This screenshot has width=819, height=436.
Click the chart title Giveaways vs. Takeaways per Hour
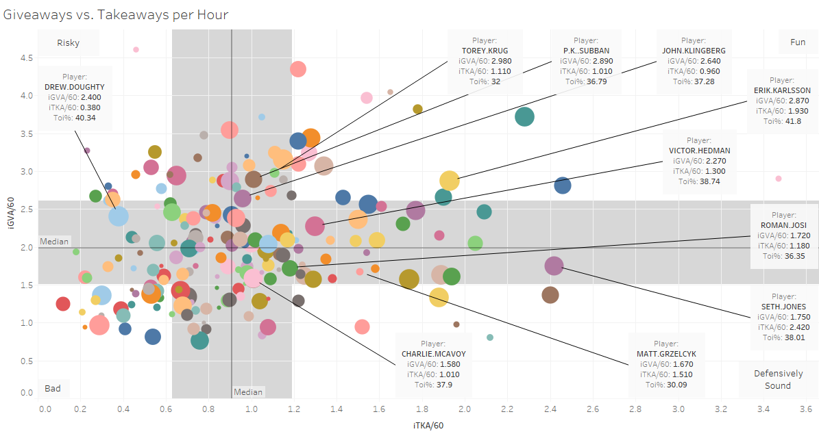pos(116,14)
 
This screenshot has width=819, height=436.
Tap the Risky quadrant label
pos(68,42)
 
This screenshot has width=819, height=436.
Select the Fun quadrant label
pos(798,42)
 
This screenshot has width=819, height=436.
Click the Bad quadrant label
pos(53,389)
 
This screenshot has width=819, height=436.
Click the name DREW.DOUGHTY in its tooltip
pos(74,87)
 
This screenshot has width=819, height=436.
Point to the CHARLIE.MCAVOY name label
pos(430,354)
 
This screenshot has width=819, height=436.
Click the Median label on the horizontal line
pos(54,242)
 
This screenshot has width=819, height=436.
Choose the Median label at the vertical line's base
pos(248,392)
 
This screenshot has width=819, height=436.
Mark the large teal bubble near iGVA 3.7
pos(525,117)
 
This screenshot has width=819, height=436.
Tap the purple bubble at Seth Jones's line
pos(554,266)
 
